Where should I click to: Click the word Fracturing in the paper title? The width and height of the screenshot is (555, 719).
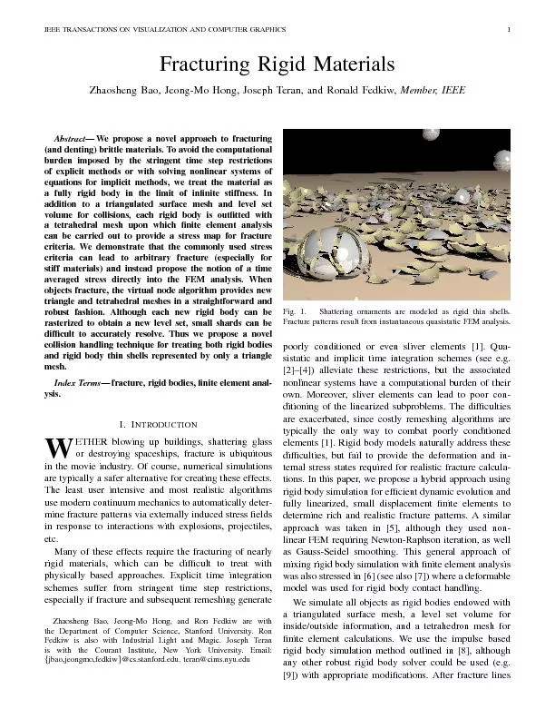point(206,66)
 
